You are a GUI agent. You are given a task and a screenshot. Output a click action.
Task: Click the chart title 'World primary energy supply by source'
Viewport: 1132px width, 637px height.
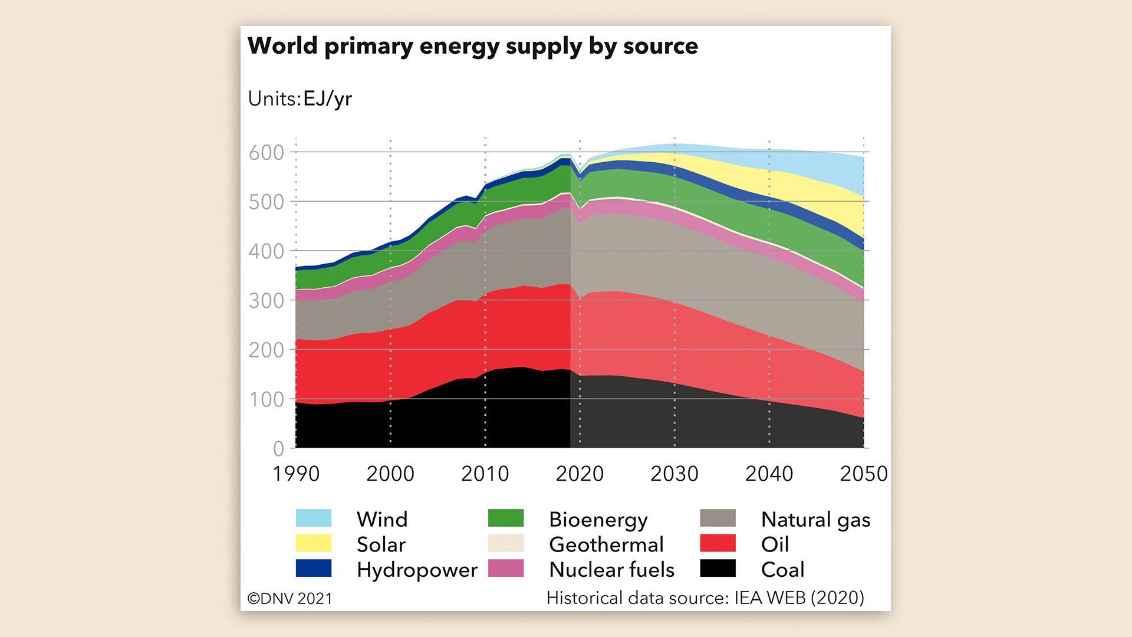tap(472, 46)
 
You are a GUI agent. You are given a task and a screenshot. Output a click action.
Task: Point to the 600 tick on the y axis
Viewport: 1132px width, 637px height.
tap(266, 153)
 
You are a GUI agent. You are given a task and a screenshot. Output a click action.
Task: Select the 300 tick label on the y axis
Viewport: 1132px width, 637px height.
tap(266, 301)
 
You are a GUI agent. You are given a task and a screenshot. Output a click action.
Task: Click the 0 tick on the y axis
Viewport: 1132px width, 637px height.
tap(278, 449)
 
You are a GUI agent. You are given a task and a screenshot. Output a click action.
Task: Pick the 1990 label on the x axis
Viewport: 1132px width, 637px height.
tap(296, 474)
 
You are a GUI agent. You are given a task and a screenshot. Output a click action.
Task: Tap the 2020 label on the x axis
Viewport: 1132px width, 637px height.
tap(580, 474)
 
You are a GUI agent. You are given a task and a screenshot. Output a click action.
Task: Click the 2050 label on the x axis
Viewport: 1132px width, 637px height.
tap(863, 474)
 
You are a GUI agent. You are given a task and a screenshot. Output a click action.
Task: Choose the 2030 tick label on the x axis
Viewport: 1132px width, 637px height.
tap(674, 474)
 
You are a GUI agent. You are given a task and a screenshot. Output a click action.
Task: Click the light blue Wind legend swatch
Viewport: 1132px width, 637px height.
tap(314, 518)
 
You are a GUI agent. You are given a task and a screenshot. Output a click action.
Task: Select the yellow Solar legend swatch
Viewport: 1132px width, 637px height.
tap(314, 543)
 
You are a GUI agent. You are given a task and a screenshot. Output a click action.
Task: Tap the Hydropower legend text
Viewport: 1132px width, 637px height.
tap(417, 570)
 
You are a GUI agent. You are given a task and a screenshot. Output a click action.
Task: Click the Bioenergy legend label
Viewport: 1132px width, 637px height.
tap(598, 520)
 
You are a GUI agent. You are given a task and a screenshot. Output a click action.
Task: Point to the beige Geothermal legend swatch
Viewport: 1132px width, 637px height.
tap(506, 543)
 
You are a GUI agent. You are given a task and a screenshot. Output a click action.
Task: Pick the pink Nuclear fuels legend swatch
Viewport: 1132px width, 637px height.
tap(506, 569)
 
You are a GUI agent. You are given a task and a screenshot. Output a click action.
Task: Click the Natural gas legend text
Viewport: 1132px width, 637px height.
tap(815, 520)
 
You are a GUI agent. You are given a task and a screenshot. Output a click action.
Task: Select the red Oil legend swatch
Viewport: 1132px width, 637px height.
tap(718, 543)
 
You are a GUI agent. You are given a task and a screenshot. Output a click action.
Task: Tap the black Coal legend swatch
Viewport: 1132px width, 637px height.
tap(718, 569)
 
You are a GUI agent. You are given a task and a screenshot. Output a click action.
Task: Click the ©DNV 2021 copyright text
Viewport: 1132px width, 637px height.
tap(289, 598)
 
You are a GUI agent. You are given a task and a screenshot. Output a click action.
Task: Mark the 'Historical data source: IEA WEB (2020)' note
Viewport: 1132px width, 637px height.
tap(705, 597)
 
